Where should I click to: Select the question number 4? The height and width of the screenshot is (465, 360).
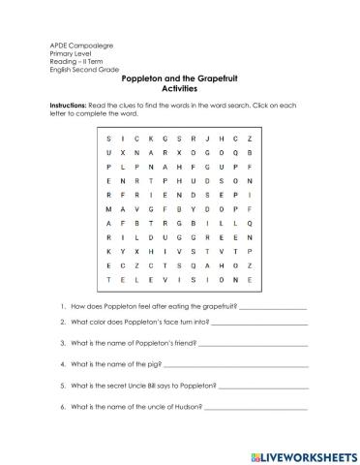pyautogui.click(x=62, y=364)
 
